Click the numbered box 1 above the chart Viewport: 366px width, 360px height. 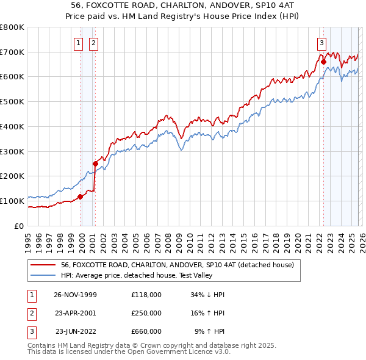point(79,43)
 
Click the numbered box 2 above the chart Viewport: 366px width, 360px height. point(93,43)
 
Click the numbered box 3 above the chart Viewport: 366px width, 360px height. point(321,43)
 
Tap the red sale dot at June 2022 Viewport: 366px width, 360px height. point(323,62)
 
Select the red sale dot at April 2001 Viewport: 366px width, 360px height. point(95,164)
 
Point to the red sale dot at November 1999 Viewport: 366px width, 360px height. point(80,196)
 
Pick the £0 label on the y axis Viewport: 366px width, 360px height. point(19,226)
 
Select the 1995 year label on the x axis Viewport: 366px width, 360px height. point(27,241)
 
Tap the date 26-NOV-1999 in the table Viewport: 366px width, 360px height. point(75,295)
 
